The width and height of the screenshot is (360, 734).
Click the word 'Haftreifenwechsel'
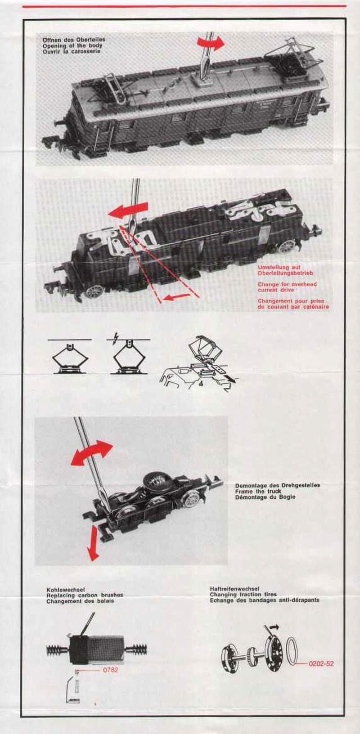tap(235, 589)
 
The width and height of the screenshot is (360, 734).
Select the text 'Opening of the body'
tap(72, 45)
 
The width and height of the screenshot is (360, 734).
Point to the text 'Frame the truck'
tap(258, 491)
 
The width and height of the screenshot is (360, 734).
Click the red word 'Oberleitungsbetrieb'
tap(285, 273)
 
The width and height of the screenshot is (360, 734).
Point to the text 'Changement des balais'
tap(80, 601)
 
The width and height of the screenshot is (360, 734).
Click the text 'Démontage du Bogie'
tap(265, 497)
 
